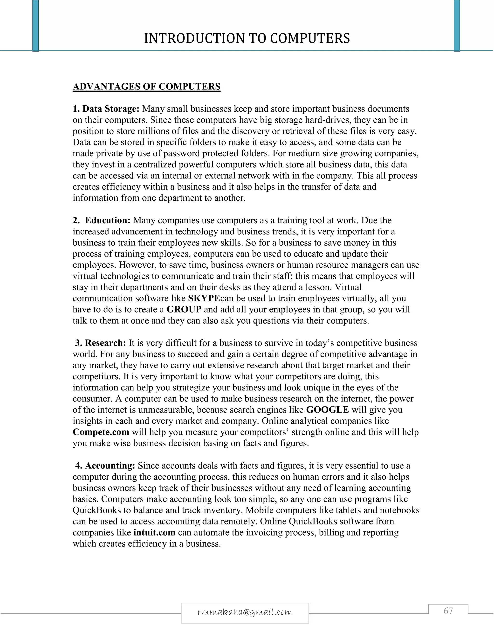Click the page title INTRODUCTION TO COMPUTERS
(247, 38)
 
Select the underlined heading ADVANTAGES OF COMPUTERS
(146, 87)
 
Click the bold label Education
(107, 220)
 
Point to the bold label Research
(105, 343)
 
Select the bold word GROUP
(184, 309)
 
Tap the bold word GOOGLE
(327, 410)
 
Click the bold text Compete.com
(101, 432)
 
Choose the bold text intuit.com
(154, 532)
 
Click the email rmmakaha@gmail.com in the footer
(245, 612)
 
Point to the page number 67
(448, 611)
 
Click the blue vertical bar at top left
(35, 26)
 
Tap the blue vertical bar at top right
(457, 26)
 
